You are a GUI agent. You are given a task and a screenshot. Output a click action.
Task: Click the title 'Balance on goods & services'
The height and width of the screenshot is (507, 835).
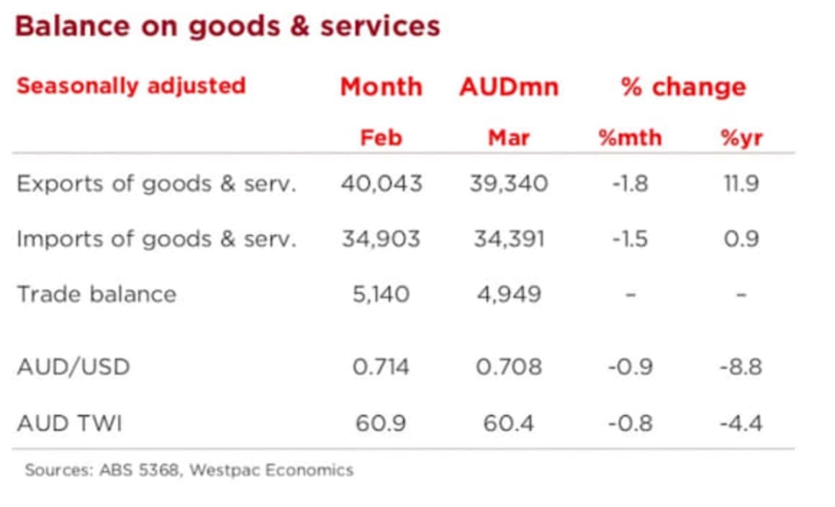coord(227,27)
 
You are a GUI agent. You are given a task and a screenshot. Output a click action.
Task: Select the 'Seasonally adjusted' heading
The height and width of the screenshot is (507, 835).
coord(131,86)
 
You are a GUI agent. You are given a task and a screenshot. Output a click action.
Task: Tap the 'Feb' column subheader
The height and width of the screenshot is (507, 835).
coord(381,137)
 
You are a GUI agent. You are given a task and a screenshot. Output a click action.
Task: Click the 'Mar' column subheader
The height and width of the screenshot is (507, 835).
coord(508,137)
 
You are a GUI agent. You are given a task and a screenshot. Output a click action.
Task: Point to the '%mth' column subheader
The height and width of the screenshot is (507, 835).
coord(630,137)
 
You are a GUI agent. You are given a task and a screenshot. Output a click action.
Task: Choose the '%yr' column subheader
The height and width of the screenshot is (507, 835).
coord(741,137)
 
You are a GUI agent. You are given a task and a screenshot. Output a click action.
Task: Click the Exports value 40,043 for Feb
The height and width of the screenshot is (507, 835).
coord(381,184)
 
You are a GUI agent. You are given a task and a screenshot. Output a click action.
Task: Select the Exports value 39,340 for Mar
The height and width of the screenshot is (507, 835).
coord(509,184)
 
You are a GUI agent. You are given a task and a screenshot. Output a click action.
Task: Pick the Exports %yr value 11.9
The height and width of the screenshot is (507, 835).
coord(741,184)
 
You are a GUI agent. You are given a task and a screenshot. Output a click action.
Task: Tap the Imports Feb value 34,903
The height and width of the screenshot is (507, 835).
coord(381,238)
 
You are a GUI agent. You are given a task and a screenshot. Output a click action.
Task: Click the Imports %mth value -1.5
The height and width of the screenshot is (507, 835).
coord(630,238)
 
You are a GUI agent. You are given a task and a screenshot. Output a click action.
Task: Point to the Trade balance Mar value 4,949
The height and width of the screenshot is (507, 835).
coord(508,294)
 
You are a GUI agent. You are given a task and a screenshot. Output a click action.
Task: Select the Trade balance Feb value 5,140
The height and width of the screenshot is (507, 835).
coord(381,294)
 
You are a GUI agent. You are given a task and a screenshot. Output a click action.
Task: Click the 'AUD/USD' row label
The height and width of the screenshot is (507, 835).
coord(73,367)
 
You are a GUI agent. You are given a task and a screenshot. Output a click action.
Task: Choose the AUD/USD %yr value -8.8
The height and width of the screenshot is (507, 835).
coord(741,367)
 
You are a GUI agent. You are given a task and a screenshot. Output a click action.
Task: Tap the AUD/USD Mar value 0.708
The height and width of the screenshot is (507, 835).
coord(508,367)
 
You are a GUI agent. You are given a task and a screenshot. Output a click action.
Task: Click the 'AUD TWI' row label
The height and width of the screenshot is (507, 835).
coord(69,422)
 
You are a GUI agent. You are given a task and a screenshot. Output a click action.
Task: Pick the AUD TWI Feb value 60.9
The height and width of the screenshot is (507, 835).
coord(381,422)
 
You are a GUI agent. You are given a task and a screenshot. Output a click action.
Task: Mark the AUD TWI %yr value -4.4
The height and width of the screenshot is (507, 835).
coord(741,422)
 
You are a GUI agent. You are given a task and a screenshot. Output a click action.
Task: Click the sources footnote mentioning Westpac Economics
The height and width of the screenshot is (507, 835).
coord(189,470)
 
